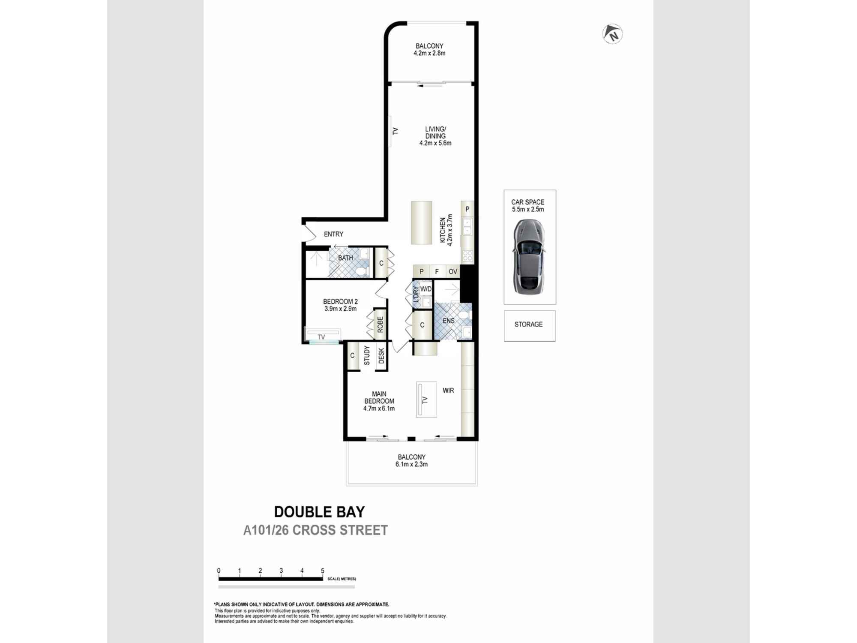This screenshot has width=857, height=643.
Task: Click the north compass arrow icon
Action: (612, 34)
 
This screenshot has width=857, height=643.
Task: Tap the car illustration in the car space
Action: (529, 257)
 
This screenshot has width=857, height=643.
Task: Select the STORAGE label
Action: (528, 325)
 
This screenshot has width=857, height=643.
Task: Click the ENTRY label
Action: (333, 234)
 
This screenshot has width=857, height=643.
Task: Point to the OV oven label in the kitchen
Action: (453, 271)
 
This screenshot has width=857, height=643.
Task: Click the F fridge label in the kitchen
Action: (437, 271)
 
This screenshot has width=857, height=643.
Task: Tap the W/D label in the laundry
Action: (426, 289)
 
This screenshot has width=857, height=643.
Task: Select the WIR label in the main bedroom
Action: (448, 391)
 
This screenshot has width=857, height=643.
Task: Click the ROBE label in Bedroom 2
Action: (380, 325)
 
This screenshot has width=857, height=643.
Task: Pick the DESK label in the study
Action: (381, 356)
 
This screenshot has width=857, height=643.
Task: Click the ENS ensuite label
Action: (449, 321)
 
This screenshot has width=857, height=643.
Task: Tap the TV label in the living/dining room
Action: (395, 131)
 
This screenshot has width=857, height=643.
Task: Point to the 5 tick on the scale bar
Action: (323, 571)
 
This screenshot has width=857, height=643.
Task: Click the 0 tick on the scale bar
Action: (219, 571)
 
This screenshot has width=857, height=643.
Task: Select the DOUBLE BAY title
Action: (319, 512)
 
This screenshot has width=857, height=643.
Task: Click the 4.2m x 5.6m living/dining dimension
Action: (435, 143)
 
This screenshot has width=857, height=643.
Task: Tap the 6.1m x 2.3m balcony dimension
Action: (411, 464)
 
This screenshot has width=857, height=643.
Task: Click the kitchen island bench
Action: (422, 222)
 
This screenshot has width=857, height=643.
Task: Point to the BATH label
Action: (345, 258)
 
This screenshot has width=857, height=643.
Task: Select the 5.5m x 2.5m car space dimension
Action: (528, 210)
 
